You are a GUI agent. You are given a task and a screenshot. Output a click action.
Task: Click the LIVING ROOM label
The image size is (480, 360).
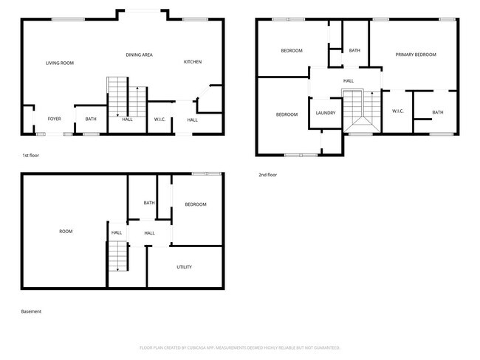click(x=60, y=63)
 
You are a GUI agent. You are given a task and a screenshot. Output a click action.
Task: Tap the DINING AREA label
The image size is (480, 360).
click(x=139, y=55)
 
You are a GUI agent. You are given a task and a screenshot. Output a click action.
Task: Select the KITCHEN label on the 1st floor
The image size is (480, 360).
click(x=193, y=62)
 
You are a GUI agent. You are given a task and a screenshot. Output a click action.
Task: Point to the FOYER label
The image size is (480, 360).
click(x=54, y=119)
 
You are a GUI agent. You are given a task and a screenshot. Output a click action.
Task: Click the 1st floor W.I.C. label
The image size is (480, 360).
click(x=160, y=120)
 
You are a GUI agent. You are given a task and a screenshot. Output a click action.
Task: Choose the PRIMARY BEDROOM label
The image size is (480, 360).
click(x=416, y=55)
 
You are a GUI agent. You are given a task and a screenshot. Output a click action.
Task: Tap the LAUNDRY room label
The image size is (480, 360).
click(x=326, y=113)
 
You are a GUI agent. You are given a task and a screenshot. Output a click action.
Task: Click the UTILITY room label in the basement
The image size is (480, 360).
click(x=185, y=267)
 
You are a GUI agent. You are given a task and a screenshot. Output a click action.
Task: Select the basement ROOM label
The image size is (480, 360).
click(x=66, y=232)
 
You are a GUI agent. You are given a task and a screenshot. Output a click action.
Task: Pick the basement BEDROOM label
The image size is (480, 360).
click(x=196, y=204)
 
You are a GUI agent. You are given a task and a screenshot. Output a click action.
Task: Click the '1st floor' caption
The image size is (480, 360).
click(x=31, y=156)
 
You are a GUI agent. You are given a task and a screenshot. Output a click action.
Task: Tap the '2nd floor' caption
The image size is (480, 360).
click(x=267, y=175)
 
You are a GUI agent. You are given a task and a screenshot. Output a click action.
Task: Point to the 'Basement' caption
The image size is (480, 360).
click(x=31, y=311)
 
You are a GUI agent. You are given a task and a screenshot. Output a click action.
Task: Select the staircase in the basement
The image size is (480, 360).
click(x=117, y=257)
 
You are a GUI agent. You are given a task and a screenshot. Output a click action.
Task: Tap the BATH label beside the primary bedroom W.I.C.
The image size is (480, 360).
click(x=437, y=113)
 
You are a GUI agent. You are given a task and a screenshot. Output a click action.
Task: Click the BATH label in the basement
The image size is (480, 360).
click(x=149, y=203)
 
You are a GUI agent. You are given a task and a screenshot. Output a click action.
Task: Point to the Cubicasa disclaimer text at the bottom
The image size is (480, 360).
click(x=239, y=347)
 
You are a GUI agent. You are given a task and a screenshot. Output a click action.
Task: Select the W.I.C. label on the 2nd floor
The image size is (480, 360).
click(x=398, y=111)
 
